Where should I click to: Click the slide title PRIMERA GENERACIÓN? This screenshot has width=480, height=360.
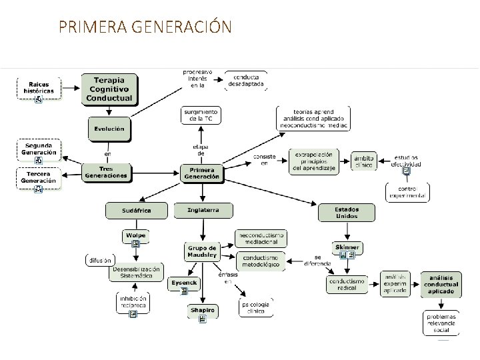(145, 27)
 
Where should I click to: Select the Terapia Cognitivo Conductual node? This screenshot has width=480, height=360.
(109, 89)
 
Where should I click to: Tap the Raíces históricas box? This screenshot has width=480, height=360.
(38, 87)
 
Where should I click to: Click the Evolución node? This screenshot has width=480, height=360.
(109, 128)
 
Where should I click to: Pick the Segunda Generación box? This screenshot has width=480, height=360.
(39, 149)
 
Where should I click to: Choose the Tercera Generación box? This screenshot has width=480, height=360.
(39, 177)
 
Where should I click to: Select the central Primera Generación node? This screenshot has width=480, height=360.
(201, 173)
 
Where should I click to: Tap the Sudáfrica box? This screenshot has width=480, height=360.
(136, 211)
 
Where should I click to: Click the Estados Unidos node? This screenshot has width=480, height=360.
(347, 212)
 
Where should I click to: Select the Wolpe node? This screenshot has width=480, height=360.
(135, 236)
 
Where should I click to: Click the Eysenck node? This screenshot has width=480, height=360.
(181, 283)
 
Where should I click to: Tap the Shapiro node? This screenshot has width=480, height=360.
(202, 309)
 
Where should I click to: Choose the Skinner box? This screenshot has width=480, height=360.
(347, 247)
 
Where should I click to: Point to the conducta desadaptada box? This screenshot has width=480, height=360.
(245, 81)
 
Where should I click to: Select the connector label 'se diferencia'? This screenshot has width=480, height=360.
(318, 260)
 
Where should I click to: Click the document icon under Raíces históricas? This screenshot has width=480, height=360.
(39, 99)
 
